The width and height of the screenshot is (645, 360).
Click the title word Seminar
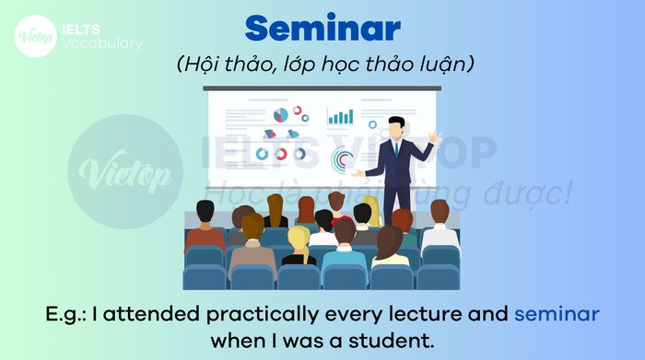pos(322,29)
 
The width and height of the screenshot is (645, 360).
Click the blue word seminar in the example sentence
pos(557,314)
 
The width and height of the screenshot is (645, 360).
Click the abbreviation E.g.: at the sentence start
pos(67,314)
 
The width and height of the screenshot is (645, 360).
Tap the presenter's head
pos(397,126)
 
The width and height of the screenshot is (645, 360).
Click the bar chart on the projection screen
pos(340,117)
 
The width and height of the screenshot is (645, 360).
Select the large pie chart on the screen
pos(281,115)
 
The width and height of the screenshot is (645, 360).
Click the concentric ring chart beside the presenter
pos(343,160)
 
